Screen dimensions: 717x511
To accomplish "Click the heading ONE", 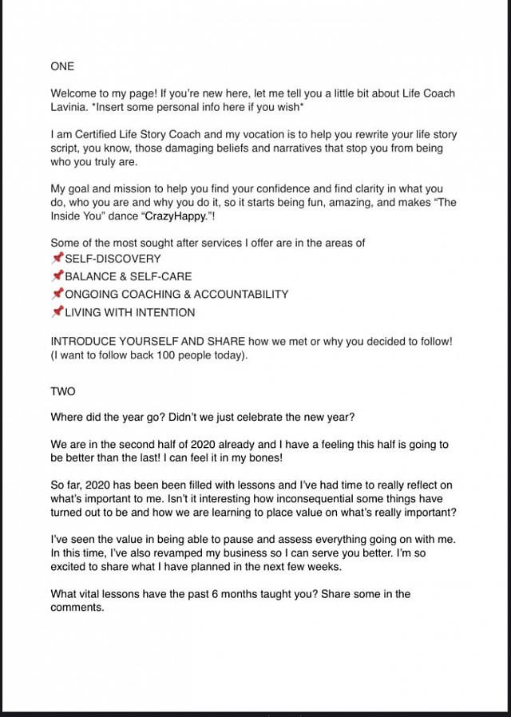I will tap(62, 66).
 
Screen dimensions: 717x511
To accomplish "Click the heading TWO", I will tap(62, 393).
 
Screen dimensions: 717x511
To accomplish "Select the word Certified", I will tap(91, 135).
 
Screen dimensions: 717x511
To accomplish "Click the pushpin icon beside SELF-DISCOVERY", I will tap(57, 258).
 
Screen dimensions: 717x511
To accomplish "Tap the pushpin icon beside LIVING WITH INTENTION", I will tap(57, 311).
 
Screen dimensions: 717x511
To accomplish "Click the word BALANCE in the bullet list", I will tap(89, 276).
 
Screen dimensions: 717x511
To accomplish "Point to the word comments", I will tap(77, 608).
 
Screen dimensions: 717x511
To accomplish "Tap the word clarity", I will tap(351, 188).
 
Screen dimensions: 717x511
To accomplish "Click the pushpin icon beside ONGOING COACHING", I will tap(57, 294).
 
